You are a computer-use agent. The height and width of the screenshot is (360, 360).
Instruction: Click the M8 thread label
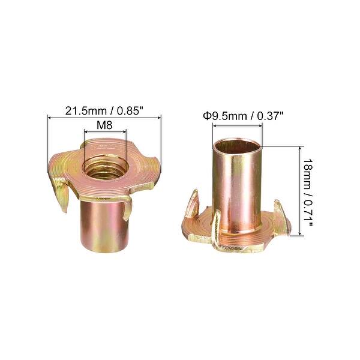[104, 126]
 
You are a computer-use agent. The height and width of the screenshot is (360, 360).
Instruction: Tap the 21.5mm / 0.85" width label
[104, 110]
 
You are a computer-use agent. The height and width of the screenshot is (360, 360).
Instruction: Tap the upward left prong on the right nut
[194, 204]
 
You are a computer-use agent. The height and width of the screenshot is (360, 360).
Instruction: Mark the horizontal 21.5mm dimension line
[104, 119]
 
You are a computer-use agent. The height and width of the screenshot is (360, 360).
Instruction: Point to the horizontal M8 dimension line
[104, 134]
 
